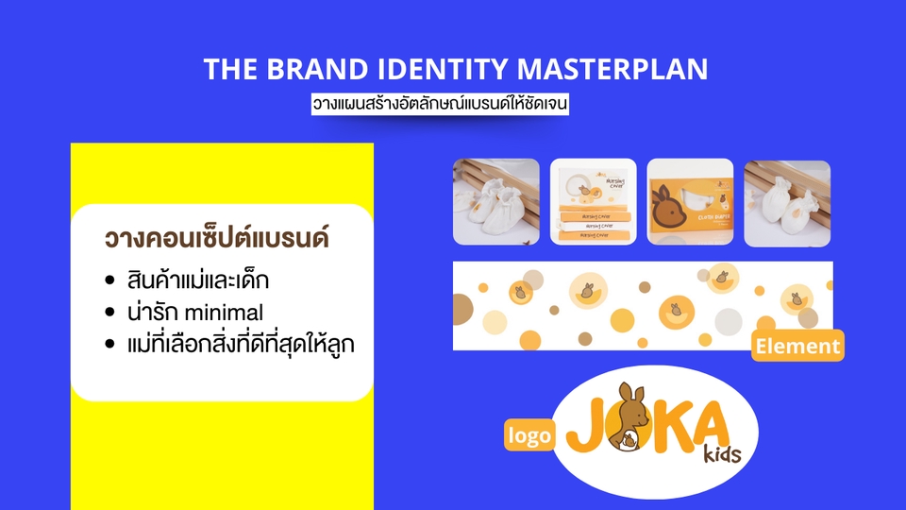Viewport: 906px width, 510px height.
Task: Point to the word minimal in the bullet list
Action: click(226, 313)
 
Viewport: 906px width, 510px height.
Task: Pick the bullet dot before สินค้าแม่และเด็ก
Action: click(110, 282)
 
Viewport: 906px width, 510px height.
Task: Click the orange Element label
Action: click(797, 347)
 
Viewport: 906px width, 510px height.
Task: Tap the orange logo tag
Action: click(528, 435)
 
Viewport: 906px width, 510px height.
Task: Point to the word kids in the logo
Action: click(722, 455)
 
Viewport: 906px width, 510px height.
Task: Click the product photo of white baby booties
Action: click(496, 202)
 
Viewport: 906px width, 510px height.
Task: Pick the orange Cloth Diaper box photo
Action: click(690, 202)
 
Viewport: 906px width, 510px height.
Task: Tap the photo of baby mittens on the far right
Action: click(787, 202)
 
